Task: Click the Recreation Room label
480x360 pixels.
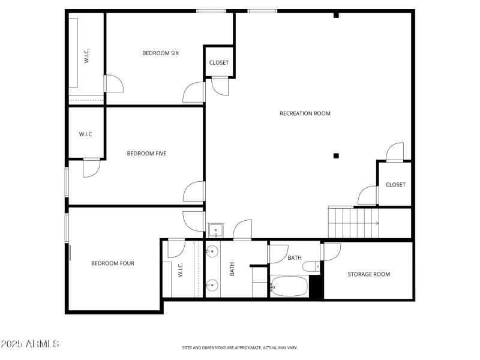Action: point(305,113)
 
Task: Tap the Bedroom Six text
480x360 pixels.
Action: point(160,53)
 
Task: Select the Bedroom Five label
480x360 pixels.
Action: point(146,154)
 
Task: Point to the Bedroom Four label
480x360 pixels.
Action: point(113,263)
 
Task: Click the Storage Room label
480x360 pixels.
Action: point(368,274)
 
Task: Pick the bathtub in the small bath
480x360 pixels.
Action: point(289,287)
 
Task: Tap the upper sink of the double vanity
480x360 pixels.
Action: point(212,251)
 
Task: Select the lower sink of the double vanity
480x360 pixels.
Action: point(212,284)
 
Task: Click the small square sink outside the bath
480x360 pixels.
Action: point(215,230)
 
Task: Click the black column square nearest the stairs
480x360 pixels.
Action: point(336,156)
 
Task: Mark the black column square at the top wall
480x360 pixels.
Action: point(336,15)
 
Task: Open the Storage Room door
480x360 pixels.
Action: point(331,251)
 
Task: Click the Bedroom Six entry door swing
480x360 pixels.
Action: point(194,92)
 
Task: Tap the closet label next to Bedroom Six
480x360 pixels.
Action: point(218,62)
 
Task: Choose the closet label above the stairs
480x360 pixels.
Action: point(395,185)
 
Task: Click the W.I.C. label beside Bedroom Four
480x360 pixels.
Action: point(180,270)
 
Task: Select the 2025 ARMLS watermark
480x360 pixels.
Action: point(30,344)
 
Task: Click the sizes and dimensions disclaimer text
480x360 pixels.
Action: point(240,347)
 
